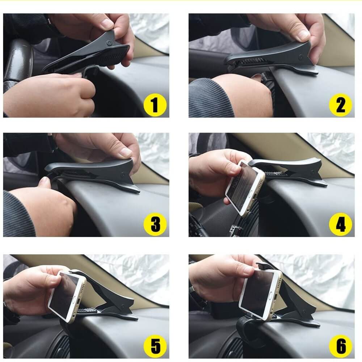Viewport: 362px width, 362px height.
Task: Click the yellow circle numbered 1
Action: coord(155,105)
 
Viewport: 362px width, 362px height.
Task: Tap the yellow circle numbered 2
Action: coord(340,105)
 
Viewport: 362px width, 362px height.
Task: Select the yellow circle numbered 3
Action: coord(155,224)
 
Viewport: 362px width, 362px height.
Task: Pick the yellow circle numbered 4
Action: coord(340,224)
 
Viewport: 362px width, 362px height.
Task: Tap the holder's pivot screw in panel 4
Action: coord(313,172)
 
